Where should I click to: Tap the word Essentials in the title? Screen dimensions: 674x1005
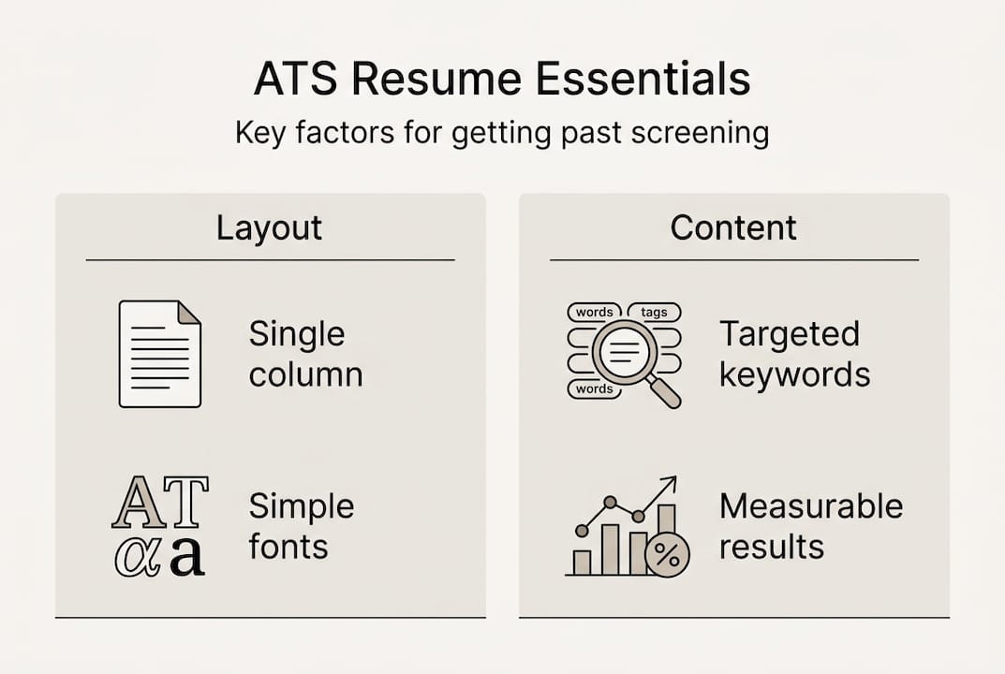click(x=645, y=81)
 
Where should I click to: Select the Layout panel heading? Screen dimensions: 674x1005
click(x=269, y=228)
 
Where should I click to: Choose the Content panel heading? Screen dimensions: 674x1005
click(x=733, y=228)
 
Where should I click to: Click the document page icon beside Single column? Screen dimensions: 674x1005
click(x=159, y=354)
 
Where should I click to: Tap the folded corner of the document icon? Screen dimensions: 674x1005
click(x=188, y=313)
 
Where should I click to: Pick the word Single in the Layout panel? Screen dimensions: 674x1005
click(x=297, y=334)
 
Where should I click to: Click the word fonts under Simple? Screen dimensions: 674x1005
click(x=288, y=547)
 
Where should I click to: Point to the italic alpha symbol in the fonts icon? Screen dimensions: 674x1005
click(x=137, y=555)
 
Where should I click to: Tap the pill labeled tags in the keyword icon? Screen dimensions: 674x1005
click(x=654, y=312)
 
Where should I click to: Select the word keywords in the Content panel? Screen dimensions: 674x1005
click(x=794, y=375)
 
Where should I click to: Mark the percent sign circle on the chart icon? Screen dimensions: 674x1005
click(x=667, y=555)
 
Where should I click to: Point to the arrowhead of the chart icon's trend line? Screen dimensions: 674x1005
click(x=671, y=484)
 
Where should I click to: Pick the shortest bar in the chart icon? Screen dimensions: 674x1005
click(x=582, y=562)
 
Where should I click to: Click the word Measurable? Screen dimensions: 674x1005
click(x=811, y=506)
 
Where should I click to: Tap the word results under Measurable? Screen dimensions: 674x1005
click(x=771, y=547)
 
